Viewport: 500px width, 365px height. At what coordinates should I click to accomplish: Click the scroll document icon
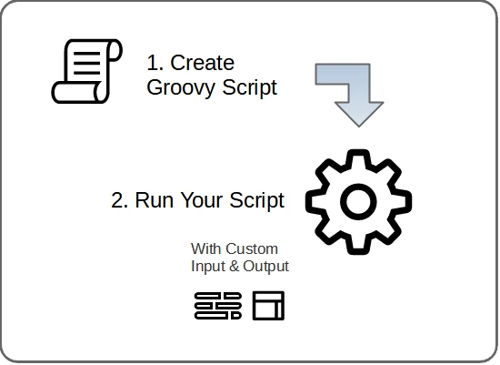pyautogui.click(x=86, y=71)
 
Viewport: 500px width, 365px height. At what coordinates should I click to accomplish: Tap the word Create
pyautogui.click(x=202, y=63)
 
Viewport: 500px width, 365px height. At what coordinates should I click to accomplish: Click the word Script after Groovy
pyautogui.click(x=250, y=87)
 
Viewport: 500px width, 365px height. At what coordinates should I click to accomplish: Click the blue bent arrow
pyautogui.click(x=359, y=93)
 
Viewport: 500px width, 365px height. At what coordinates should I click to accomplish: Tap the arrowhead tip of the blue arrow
pyautogui.click(x=359, y=127)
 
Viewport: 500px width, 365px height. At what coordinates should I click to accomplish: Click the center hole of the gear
pyautogui.click(x=358, y=202)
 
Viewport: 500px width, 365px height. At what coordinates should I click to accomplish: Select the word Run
pyautogui.click(x=155, y=200)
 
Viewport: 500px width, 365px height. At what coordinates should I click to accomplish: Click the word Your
pyautogui.click(x=202, y=200)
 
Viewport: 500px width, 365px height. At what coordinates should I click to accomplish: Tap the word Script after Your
pyautogui.click(x=256, y=201)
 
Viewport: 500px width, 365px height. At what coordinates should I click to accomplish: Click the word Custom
pyautogui.click(x=252, y=248)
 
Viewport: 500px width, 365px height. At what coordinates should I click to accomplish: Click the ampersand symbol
pyautogui.click(x=234, y=267)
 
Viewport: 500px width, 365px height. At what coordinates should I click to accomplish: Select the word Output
pyautogui.click(x=266, y=267)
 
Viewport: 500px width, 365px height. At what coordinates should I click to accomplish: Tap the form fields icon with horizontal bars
pyautogui.click(x=218, y=306)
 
